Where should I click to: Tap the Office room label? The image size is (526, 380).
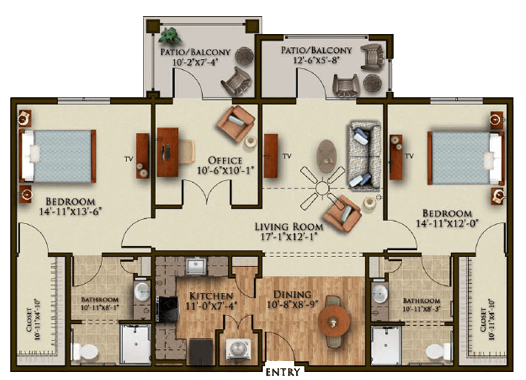coord(225,160)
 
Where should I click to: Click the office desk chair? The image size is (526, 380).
coord(187,152)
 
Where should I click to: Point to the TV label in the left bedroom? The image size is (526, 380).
coord(128,159)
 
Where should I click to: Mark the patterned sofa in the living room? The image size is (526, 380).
coord(364,156)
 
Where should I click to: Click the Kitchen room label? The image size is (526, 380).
coord(211,296)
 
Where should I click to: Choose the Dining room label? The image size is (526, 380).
coord(292,294)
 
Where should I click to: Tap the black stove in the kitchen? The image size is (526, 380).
coord(167,309)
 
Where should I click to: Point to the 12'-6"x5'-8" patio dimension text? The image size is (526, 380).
coord(316,60)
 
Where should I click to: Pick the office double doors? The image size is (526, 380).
coord(207,191)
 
